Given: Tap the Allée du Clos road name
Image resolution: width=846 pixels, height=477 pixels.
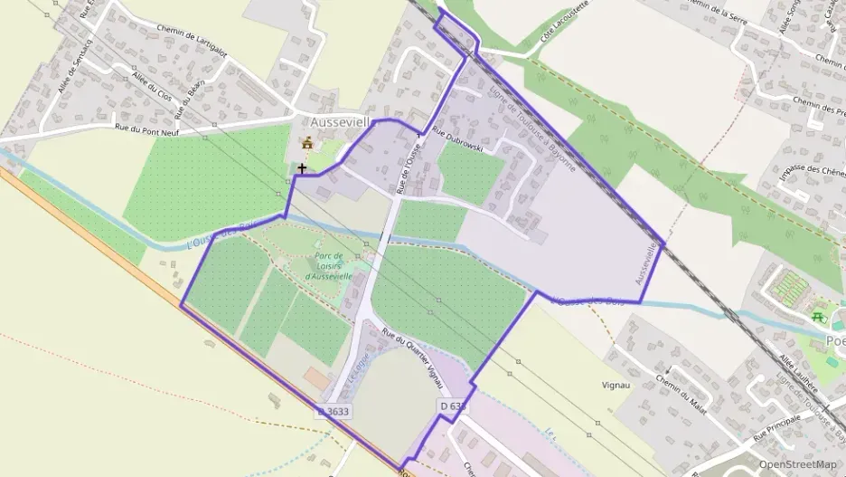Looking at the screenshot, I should tap(152, 89).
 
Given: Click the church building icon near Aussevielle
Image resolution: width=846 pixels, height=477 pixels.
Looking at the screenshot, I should tap(307, 143).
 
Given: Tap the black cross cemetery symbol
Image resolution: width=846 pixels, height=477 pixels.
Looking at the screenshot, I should tap(301, 167).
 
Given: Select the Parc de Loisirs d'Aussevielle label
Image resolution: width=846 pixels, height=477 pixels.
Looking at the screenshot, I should tap(334, 263).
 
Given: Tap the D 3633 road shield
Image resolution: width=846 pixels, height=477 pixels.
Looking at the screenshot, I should tap(334, 411).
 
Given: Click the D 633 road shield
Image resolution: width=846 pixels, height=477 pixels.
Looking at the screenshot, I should tap(452, 406).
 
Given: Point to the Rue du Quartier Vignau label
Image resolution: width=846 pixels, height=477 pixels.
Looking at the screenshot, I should tap(417, 348).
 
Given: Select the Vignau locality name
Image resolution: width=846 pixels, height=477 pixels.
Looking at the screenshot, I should tap(616, 385).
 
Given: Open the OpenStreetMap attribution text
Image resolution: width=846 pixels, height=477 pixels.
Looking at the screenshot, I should tap(797, 463).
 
